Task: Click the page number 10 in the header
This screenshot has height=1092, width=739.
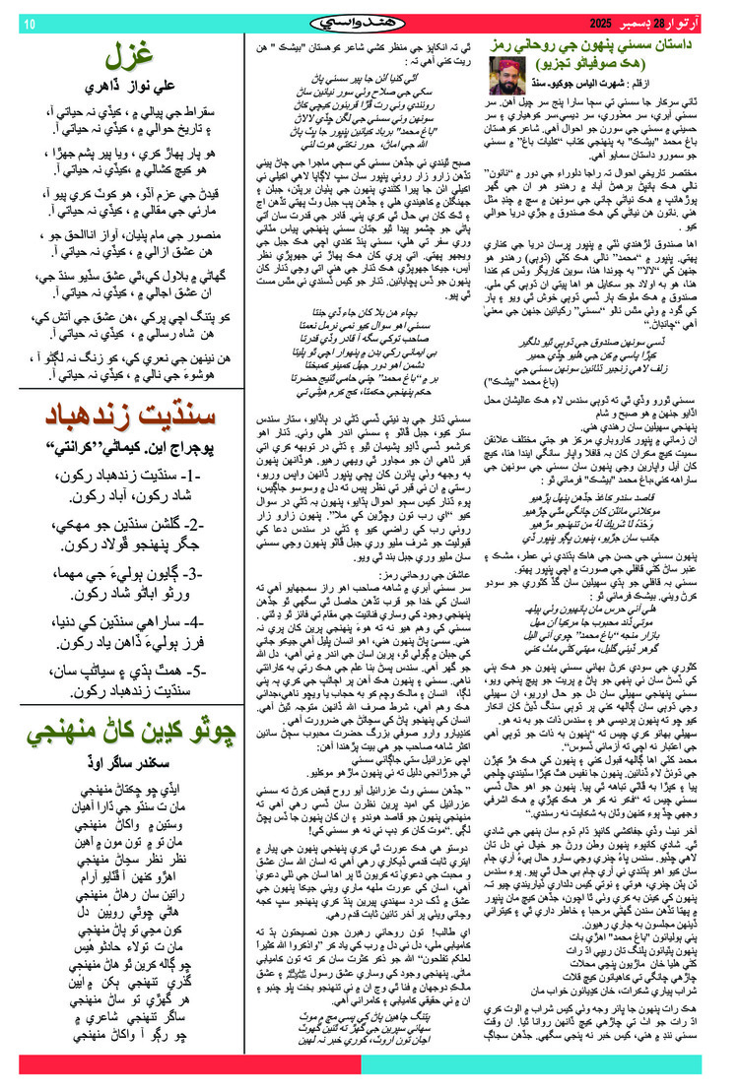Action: (x=29, y=22)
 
